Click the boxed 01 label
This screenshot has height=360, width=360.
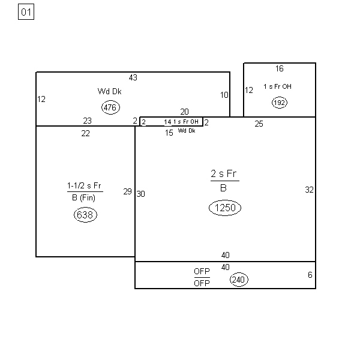pos(26,12)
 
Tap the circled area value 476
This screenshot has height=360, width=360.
pos(110,107)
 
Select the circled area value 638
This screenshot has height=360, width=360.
pos(85,215)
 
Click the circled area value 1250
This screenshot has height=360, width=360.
pos(225,208)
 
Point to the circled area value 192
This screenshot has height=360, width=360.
pos(280,103)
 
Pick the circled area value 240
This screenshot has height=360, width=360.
pos(239,280)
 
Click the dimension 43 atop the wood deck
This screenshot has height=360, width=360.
pos(133,77)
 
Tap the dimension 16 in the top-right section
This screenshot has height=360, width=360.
pos(280,68)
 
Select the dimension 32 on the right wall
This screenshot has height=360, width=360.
pos(309,190)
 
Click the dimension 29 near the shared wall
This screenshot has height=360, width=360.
pos(127,191)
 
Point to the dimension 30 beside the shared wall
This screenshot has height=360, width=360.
pos(140,194)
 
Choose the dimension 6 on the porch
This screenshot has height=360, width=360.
pos(310,275)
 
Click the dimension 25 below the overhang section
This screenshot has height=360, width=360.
pos(259,124)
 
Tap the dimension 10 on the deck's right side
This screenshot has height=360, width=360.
pos(224,95)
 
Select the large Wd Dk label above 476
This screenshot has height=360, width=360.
pos(110,91)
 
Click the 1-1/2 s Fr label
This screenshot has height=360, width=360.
pos(84,185)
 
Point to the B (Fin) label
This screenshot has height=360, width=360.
pos(83,197)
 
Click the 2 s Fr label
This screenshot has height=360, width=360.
pos(224,173)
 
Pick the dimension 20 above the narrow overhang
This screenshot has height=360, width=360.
pos(184,112)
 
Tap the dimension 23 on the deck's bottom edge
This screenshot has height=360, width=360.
pos(87,121)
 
